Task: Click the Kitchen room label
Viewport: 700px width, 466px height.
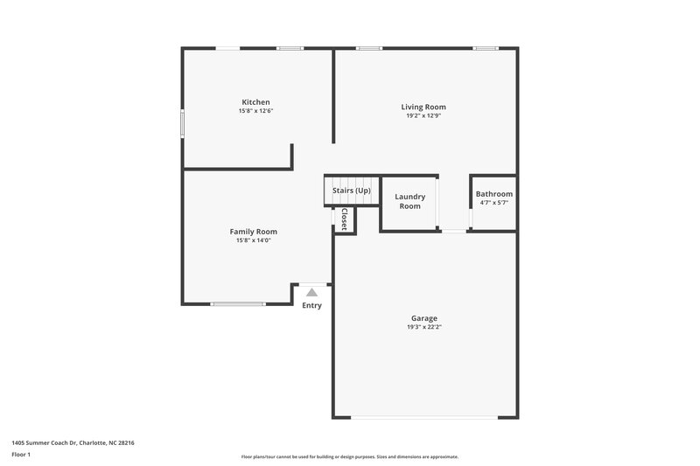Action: pos(255,102)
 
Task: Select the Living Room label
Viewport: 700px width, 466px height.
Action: pos(423,107)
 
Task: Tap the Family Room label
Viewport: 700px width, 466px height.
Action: pos(254,232)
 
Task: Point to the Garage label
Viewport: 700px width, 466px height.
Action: pos(424,318)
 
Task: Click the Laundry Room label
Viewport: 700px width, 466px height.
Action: pos(409,201)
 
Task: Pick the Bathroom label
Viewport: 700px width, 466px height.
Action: pos(494,194)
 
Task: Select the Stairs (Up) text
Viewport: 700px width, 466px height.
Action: pos(352,191)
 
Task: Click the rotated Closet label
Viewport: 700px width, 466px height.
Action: pos(345,219)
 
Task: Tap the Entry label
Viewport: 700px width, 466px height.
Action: pos(311,305)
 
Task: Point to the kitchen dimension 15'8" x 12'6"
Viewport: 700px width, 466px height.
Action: pos(255,111)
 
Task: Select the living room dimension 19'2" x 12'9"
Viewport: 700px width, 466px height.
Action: pos(423,115)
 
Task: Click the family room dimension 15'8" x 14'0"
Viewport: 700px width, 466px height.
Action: pos(254,240)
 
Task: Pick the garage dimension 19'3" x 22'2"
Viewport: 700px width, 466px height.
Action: pos(424,327)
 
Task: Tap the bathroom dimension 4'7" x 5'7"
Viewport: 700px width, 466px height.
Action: pos(494,203)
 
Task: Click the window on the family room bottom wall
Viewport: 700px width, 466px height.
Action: pos(238,304)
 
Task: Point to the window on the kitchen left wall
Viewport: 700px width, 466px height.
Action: pos(183,122)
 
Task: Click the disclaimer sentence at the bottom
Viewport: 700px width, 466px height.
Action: pos(349,456)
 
